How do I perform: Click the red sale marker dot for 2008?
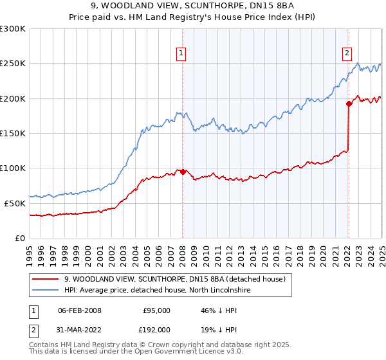183,172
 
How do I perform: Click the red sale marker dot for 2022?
349,104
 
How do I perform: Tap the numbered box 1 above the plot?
182,53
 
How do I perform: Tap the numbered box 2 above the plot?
347,53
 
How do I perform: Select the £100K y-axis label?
13,168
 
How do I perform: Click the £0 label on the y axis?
19,237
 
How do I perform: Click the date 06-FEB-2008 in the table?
79,310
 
